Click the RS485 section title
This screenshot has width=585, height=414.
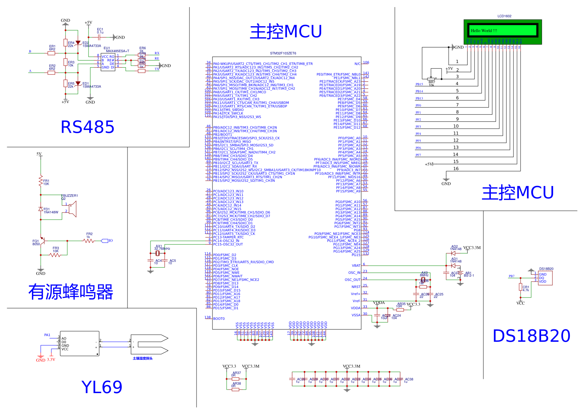coord(87,127)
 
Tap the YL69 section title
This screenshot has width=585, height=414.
coord(102,387)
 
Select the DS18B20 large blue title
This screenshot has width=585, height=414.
coord(531,336)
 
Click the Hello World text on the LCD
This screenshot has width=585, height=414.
coord(484,30)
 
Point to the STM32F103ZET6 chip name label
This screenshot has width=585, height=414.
coord(283,53)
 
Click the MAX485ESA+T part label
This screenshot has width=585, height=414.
coord(118,51)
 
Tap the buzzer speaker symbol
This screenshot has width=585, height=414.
coord(73,209)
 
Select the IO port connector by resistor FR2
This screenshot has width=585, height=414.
coord(105,241)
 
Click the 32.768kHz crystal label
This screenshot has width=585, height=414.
coord(162,249)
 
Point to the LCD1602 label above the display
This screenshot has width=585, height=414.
coord(504,16)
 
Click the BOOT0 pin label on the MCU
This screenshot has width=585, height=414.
coord(219,319)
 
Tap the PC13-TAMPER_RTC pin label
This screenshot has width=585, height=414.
coord(228,237)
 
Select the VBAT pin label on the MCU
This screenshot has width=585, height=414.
coord(356,266)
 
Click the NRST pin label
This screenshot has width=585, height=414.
coord(356,287)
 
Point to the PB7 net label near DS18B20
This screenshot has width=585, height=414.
coord(511,276)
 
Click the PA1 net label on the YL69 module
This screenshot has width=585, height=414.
coord(47,335)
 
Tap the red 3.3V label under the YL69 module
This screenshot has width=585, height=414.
coord(51,359)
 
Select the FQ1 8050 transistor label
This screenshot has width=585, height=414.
coord(36,243)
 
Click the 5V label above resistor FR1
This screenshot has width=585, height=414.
coord(39,154)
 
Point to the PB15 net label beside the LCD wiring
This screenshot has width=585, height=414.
coord(419,84)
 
